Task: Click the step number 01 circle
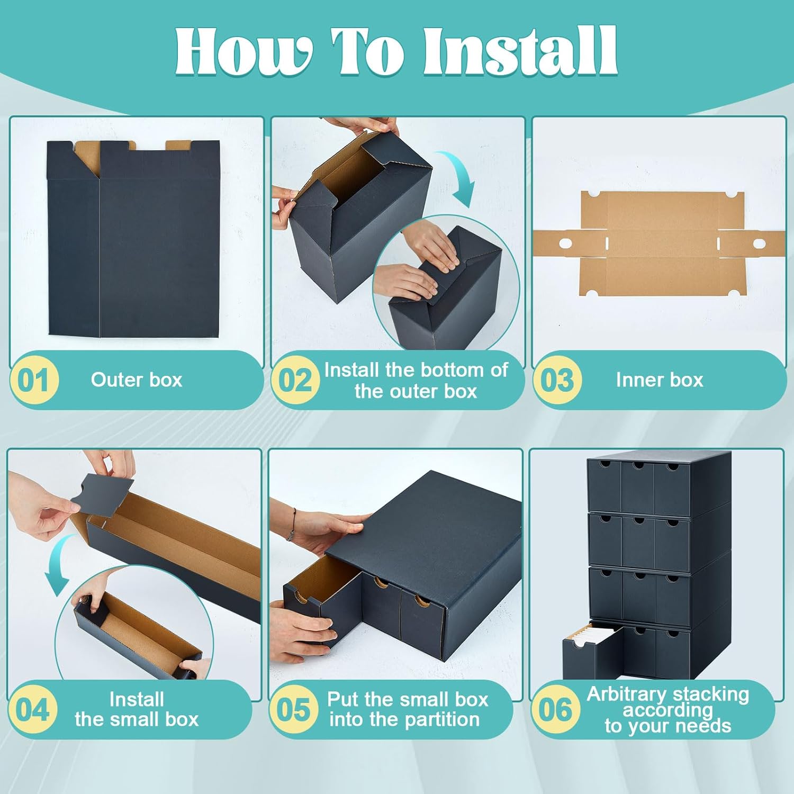(34, 380)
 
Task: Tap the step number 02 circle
(295, 380)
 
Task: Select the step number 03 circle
(557, 380)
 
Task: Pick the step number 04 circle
(33, 709)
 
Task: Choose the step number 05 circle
(294, 709)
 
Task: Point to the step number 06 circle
(555, 709)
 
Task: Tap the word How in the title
(243, 51)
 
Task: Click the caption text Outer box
(137, 380)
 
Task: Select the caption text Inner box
(660, 380)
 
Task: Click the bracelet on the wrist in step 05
(291, 524)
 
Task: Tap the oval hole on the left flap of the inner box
(565, 243)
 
